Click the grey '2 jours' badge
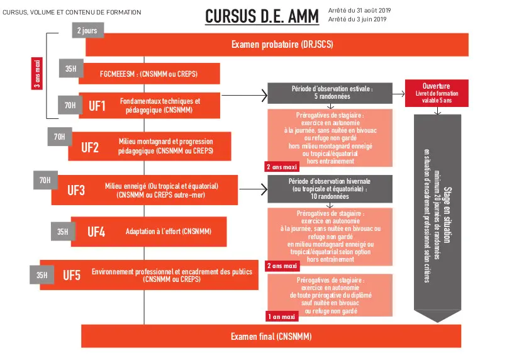point(88,30)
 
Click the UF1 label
point(97,106)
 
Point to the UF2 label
point(90,148)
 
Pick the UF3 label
point(76,189)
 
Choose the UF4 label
point(96,232)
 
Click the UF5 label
point(72,275)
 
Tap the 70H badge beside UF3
point(45,181)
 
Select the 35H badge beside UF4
point(62,232)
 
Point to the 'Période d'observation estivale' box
point(330,93)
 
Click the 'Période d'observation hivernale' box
point(330,188)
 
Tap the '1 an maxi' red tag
point(281,317)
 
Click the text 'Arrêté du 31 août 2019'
point(359,11)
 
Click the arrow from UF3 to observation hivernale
point(252,188)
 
